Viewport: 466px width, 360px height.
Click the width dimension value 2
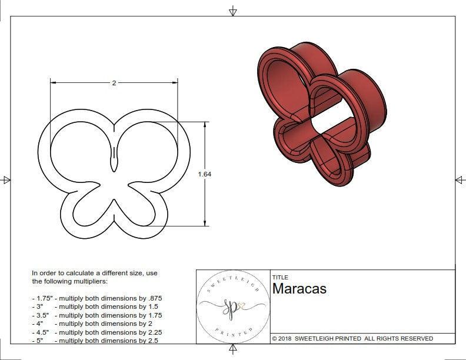(114, 83)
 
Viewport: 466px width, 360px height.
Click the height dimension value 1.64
(205, 174)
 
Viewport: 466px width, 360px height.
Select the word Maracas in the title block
(299, 289)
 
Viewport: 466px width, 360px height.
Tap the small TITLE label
(280, 278)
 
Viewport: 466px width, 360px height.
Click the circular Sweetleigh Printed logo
(232, 306)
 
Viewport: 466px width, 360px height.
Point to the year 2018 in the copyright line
(286, 339)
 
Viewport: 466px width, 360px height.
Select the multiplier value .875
(154, 298)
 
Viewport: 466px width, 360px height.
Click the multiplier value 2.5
(151, 341)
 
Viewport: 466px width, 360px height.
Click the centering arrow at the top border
(233, 11)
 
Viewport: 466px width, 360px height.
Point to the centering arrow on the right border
(460, 180)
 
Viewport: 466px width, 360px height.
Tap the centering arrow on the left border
(6, 180)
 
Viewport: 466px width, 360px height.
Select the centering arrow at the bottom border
(233, 349)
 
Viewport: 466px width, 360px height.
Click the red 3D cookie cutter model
(321, 112)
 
